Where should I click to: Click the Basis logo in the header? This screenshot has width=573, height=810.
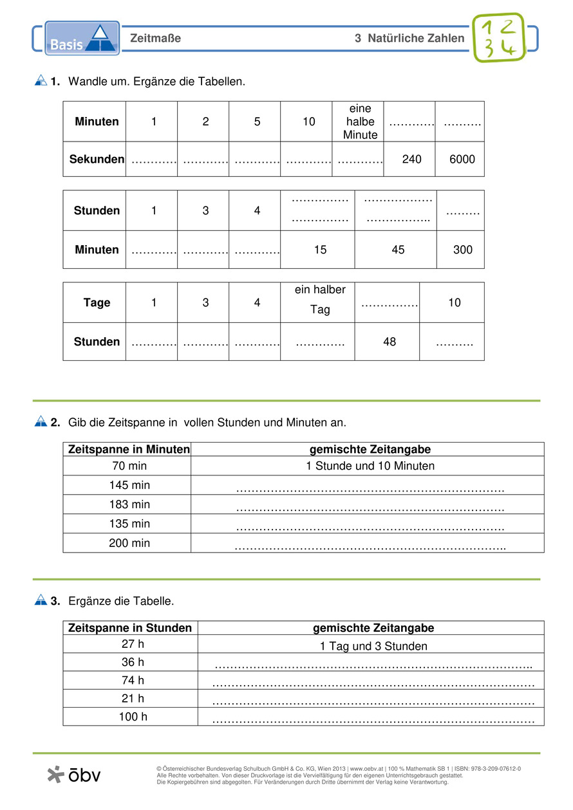pyautogui.click(x=82, y=39)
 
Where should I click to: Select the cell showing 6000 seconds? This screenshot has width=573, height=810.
pyautogui.click(x=460, y=158)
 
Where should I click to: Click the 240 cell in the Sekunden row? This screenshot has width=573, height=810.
pyautogui.click(x=411, y=158)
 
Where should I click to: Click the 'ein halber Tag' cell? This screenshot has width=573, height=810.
pyautogui.click(x=320, y=300)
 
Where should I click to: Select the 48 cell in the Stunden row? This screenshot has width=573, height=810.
pyautogui.click(x=390, y=342)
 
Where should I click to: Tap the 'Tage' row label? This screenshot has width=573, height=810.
pyautogui.click(x=97, y=302)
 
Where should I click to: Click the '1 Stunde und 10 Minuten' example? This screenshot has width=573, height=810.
pyautogui.click(x=370, y=466)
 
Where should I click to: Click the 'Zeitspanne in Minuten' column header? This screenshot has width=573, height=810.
pyautogui.click(x=129, y=449)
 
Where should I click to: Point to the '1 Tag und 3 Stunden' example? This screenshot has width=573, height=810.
pyautogui.click(x=373, y=646)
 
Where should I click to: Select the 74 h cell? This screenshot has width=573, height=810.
pyautogui.click(x=133, y=680)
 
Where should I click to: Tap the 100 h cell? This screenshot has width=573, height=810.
pyautogui.click(x=133, y=716)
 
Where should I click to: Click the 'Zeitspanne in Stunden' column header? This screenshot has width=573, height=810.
pyautogui.click(x=130, y=628)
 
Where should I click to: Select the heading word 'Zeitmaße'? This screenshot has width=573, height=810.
pyautogui.click(x=155, y=39)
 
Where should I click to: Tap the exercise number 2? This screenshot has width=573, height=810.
pyautogui.click(x=55, y=423)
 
